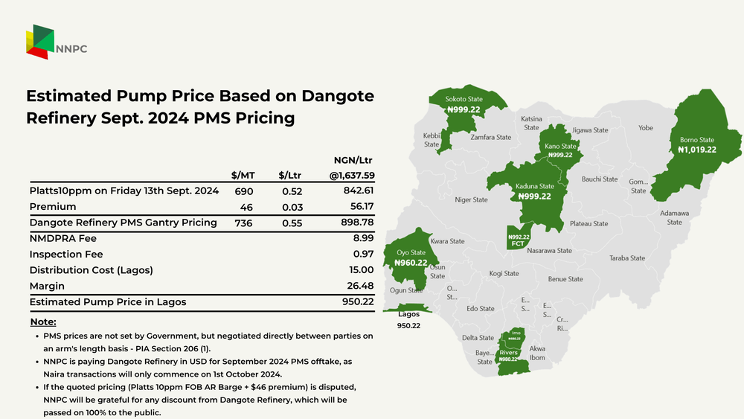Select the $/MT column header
243,175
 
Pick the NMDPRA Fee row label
63,239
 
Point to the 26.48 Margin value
357,286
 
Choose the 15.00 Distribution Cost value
357,270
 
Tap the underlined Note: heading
43,322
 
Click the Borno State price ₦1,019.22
697,150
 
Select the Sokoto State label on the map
464,99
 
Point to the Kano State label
560,147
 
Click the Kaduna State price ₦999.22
535,196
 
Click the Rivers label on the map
508,353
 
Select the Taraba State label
627,258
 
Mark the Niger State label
471,199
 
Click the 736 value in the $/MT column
243,223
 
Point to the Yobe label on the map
645,128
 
